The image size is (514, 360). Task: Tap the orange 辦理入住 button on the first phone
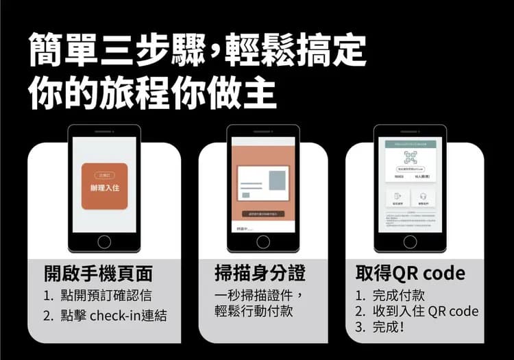point(104,186)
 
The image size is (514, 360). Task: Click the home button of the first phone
point(104,241)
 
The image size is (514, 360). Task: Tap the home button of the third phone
point(410,241)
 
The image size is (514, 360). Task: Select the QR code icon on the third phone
point(411,157)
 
